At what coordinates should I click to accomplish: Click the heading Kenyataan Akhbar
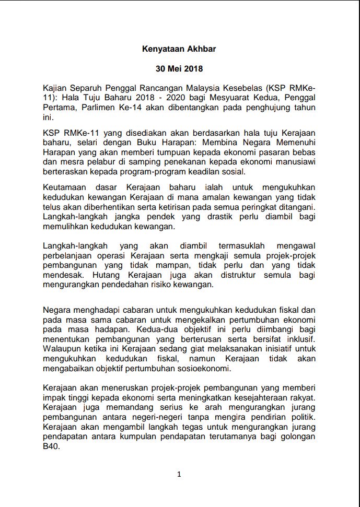(179, 49)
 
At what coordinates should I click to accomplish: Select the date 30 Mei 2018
(179, 68)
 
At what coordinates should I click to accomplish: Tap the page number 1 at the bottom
(179, 474)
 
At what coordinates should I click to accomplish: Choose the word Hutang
(106, 275)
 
